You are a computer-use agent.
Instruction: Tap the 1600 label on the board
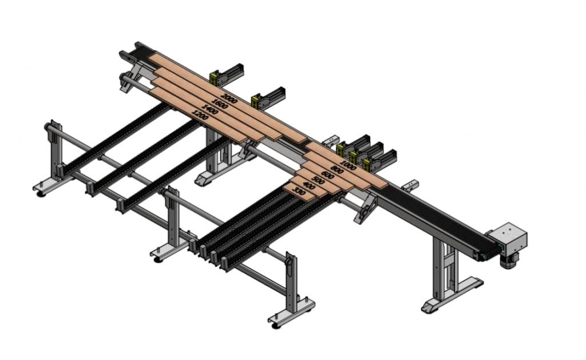[x=219, y=104]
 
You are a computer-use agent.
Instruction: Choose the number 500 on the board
[x=318, y=180]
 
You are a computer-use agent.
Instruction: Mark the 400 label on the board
[x=308, y=186]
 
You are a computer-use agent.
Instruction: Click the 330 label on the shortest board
[x=299, y=192]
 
